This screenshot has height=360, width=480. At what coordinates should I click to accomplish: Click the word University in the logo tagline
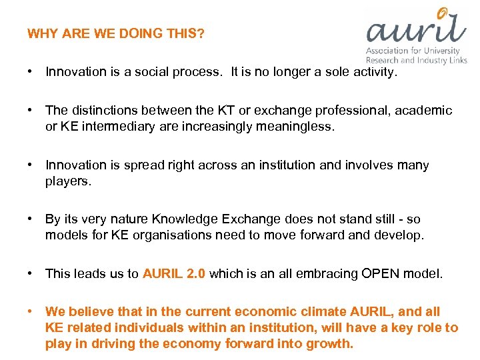click(x=442, y=51)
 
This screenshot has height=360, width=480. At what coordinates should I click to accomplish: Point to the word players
click(x=66, y=181)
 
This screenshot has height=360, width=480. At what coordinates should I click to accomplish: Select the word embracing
click(x=307, y=273)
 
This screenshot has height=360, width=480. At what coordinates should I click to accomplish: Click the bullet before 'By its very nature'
click(x=31, y=219)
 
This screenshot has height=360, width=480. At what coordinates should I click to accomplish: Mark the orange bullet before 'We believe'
click(x=31, y=311)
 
